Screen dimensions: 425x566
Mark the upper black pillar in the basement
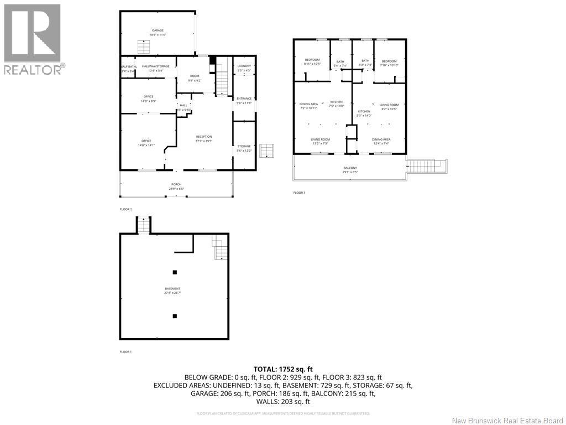pyautogui.click(x=175, y=272)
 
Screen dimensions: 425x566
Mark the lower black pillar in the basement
pyautogui.click(x=175, y=316)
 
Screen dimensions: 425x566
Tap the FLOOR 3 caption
pyautogui.click(x=299, y=193)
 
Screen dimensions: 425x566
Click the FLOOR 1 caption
pyautogui.click(x=125, y=351)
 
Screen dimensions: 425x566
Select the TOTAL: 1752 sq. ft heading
pyautogui.click(x=283, y=369)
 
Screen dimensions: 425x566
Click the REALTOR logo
pyautogui.click(x=33, y=39)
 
